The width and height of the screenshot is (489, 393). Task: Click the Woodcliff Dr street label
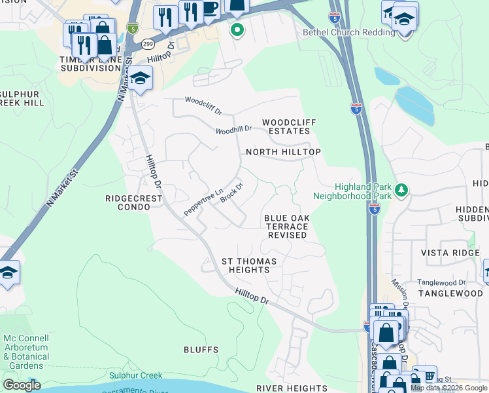tap(203, 102)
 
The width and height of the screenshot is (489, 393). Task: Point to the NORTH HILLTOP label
tap(283, 152)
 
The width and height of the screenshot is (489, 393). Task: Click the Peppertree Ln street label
tap(203, 202)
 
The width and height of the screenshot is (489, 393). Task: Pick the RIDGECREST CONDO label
tap(128, 201)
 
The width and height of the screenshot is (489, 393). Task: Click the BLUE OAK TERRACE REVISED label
tap(286, 226)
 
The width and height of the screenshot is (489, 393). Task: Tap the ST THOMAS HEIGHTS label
tap(249, 265)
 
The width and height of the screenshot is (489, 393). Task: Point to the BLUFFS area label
tap(201, 350)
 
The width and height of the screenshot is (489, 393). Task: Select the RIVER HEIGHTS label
tap(291, 388)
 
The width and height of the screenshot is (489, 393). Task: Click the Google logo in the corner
tap(22, 385)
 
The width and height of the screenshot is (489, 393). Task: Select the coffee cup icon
tap(209, 9)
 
